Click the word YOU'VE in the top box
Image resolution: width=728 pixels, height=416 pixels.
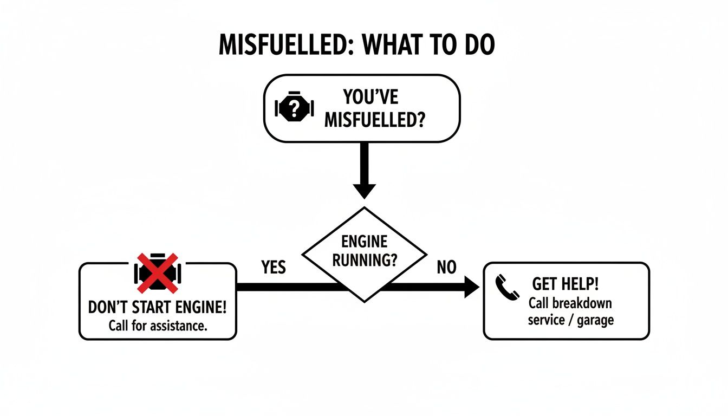[371, 97]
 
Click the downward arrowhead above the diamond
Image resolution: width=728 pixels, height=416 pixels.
[364, 191]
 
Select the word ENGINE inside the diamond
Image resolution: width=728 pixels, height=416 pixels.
[364, 242]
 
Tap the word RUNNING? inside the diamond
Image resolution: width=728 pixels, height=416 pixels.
[364, 259]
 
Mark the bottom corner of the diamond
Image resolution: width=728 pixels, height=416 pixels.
[364, 301]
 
